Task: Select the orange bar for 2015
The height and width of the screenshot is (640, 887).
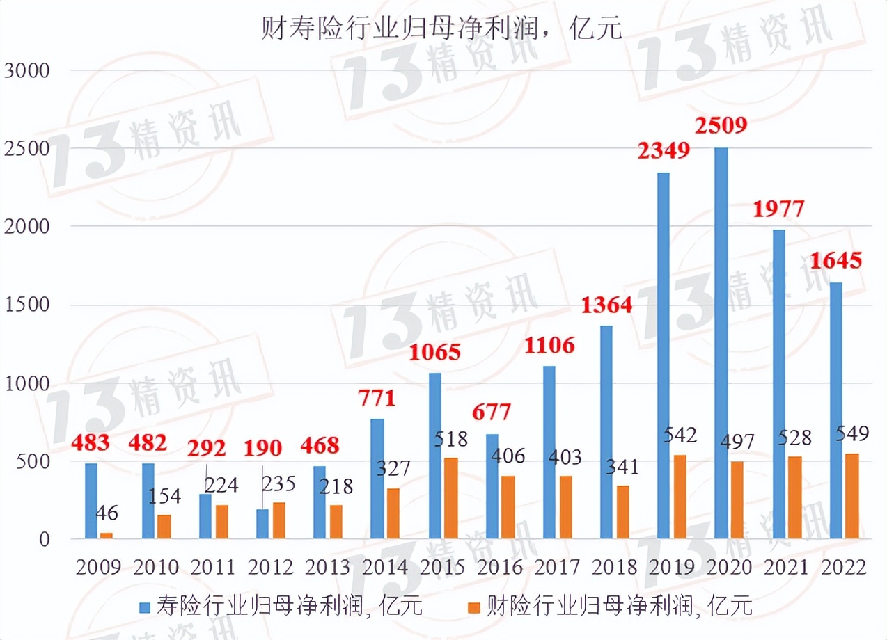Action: coord(451,498)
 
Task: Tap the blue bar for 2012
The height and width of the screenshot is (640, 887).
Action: coord(262,524)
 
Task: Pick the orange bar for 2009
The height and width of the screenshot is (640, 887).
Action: coord(107,536)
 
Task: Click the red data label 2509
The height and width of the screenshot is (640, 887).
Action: coord(722,126)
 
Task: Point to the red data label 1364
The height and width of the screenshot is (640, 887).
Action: coord(607,305)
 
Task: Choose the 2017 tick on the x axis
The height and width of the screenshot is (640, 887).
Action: coord(558,567)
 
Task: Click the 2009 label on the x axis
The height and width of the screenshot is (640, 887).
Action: coord(98,567)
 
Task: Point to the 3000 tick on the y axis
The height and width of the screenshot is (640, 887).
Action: coord(27,70)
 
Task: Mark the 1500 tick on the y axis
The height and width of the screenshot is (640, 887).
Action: coord(27,305)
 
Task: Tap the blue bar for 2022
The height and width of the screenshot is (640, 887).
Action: coord(836,410)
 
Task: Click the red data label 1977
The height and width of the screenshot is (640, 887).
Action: coord(779,208)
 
